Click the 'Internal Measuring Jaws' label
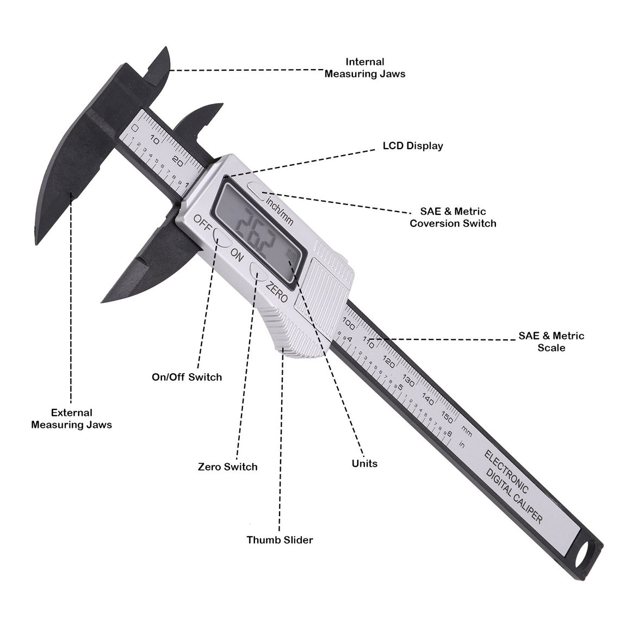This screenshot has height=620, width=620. (x=365, y=67)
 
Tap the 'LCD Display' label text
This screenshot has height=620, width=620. (x=413, y=146)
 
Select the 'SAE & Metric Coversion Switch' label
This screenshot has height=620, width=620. (x=452, y=217)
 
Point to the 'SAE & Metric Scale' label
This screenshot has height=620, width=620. (x=551, y=342)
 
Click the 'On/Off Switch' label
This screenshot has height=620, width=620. (x=187, y=377)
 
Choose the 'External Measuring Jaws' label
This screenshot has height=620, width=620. (x=71, y=419)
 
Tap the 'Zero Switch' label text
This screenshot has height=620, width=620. (x=227, y=467)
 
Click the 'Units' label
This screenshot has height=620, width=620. (x=364, y=463)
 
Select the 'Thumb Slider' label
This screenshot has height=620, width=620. (x=280, y=540)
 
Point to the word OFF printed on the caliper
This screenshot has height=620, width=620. (x=202, y=222)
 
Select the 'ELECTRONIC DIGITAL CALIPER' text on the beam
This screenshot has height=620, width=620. (x=513, y=486)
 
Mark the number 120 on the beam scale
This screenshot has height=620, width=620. (x=389, y=361)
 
